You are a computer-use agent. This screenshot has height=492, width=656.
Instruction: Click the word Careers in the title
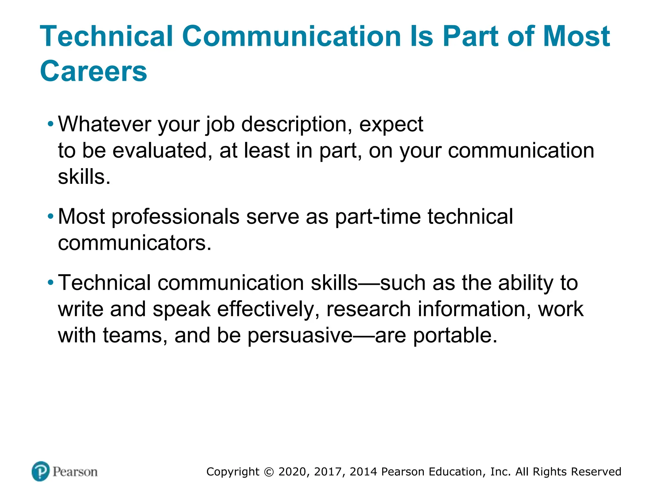93,71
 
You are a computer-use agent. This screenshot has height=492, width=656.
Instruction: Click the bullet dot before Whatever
50,124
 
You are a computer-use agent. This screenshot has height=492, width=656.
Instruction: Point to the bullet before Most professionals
50,217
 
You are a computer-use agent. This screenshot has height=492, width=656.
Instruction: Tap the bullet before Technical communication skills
50,283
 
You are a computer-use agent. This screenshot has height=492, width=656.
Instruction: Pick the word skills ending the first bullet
84,177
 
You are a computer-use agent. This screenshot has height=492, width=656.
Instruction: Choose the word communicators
135,243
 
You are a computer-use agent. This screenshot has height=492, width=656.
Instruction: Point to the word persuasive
300,336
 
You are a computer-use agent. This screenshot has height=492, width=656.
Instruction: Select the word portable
455,336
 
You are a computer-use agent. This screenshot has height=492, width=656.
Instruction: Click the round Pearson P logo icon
41,471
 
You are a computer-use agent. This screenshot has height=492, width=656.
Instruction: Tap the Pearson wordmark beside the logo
75,472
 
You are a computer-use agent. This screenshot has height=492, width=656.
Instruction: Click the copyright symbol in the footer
269,472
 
